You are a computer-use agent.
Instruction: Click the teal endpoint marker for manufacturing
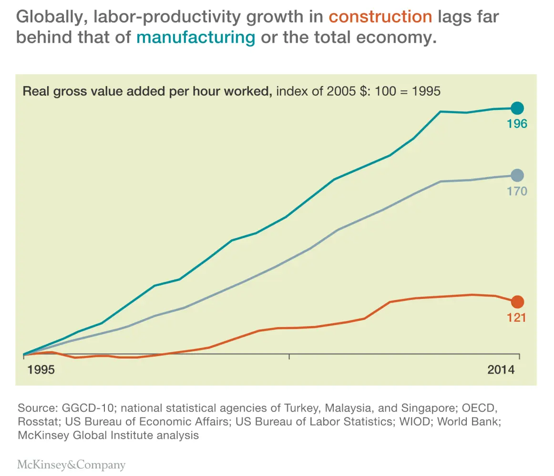tap(517, 108)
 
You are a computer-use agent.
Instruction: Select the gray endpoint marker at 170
tap(517, 176)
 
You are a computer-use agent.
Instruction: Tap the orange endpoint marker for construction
tap(517, 302)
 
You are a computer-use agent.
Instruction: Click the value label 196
tap(517, 124)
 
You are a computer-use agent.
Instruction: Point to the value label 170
tap(517, 191)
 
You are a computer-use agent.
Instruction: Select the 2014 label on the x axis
tap(501, 370)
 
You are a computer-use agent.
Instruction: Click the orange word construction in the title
tap(380, 17)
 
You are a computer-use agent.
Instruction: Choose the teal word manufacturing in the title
tap(195, 37)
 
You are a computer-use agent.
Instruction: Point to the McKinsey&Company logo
tap(71, 465)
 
